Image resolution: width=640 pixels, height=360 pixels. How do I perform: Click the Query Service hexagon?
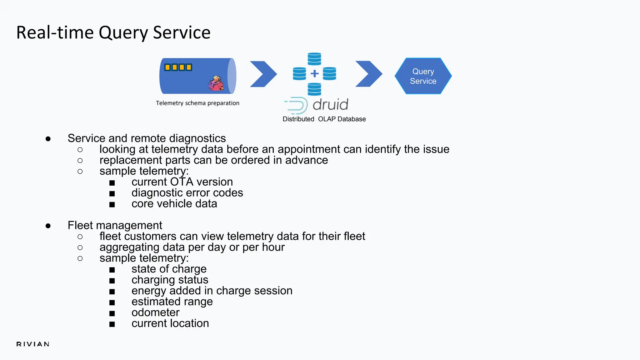(x=423, y=76)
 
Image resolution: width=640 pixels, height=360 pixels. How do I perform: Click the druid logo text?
(x=330, y=105)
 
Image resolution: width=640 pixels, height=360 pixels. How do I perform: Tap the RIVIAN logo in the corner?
(x=33, y=344)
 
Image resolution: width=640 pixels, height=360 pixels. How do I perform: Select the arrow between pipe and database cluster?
(x=263, y=74)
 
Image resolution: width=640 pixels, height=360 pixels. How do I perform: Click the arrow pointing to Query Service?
(x=369, y=74)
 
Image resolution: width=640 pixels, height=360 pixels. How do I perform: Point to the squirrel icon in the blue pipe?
(x=216, y=83)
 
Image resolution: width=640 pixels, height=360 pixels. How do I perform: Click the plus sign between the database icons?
(x=314, y=74)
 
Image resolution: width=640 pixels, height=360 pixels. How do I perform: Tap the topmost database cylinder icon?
(x=314, y=58)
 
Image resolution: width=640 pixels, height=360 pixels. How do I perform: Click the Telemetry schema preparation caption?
(x=197, y=103)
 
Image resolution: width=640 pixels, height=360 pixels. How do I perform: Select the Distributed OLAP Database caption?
(x=324, y=119)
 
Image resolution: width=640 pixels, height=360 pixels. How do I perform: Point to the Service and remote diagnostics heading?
(x=147, y=138)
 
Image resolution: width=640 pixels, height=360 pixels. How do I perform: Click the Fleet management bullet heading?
(x=115, y=225)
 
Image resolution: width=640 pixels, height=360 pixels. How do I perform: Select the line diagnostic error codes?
(x=187, y=193)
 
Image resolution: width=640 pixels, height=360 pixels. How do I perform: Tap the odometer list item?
(x=155, y=312)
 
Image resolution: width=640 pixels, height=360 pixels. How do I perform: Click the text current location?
(x=170, y=323)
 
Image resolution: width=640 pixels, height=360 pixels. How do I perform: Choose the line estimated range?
(x=172, y=302)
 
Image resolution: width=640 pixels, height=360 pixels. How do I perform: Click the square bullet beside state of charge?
(x=112, y=270)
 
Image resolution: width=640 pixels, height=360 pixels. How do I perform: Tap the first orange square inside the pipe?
(x=167, y=67)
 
